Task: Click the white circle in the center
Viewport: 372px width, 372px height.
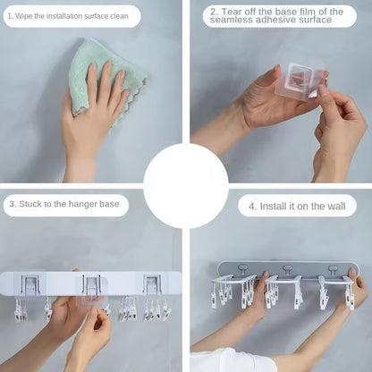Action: pyautogui.click(x=186, y=185)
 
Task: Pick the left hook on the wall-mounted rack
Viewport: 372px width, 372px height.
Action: pyautogui.click(x=246, y=269)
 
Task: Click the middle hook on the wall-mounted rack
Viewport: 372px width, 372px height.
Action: pyautogui.click(x=289, y=269)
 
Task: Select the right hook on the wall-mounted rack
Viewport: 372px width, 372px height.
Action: pyautogui.click(x=333, y=269)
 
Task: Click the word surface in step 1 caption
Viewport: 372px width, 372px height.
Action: pyautogui.click(x=97, y=16)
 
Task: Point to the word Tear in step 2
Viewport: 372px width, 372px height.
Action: pyautogui.click(x=232, y=12)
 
